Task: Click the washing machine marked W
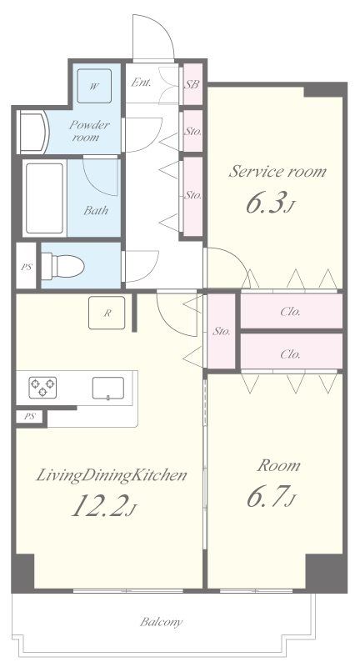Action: pos(94,86)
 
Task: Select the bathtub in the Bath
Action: pos(44,198)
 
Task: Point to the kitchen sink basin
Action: pos(108,389)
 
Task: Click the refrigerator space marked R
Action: pos(107,313)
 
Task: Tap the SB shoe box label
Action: pos(192,84)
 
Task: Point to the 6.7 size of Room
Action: pos(271,497)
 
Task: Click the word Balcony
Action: pos(162,622)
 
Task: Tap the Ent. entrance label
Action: pos(141,82)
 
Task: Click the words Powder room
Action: pos(89,131)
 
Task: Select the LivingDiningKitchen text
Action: pos(112,475)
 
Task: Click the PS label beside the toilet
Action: pos(27,268)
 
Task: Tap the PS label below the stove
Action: pos(29,416)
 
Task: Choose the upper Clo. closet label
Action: pos(291,312)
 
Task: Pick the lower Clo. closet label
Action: pos(291,354)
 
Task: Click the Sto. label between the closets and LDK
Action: pos(222,330)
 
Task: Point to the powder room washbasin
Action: pos(33,132)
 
